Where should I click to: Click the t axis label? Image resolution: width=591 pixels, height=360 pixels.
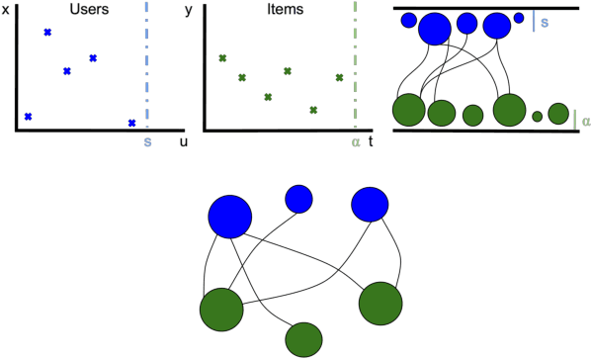(x=371, y=141)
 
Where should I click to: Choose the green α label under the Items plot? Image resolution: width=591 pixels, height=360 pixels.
(x=356, y=141)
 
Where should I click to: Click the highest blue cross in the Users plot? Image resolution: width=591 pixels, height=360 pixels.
(x=47, y=33)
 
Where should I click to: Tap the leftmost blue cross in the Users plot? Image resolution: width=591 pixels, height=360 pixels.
(x=28, y=117)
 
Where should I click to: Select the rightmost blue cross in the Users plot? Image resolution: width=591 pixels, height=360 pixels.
(x=131, y=123)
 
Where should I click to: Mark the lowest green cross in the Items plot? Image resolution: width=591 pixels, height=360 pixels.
(x=313, y=110)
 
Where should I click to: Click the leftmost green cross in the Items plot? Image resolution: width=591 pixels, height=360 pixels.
(x=222, y=59)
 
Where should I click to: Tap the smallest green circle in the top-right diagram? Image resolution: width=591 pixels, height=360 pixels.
(x=537, y=117)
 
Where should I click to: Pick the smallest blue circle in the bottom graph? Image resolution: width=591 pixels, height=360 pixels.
(x=298, y=199)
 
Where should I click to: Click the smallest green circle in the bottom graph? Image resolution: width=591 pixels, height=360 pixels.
(x=303, y=339)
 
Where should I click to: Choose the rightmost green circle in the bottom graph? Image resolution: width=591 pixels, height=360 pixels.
(x=380, y=303)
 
